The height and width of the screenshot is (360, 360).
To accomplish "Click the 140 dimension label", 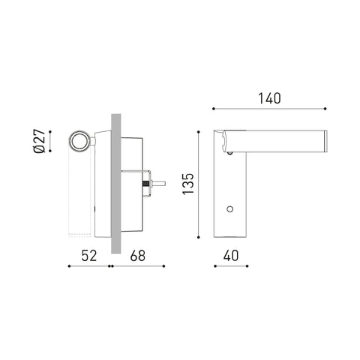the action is click(x=269, y=98).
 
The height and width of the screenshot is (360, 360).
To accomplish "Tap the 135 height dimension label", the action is click(x=188, y=184).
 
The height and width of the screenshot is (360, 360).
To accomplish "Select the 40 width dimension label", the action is click(x=231, y=256).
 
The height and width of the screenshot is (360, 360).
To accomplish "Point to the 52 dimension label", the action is click(x=89, y=256).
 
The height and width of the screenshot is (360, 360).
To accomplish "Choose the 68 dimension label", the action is click(x=137, y=256).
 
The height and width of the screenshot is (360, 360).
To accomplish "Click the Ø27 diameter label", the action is click(x=39, y=141).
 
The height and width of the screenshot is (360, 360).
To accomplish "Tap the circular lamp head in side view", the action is click(x=79, y=141).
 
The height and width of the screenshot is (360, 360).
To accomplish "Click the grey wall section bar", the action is click(x=116, y=184).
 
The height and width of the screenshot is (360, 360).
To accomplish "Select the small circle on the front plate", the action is click(x=229, y=209).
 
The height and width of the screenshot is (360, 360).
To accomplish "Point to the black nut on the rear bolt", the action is click(x=145, y=184).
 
